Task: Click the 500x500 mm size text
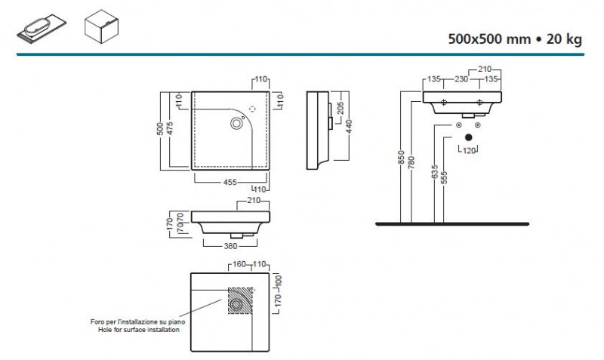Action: (489, 39)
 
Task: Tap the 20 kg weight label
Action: (564, 39)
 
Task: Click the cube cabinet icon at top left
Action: (101, 26)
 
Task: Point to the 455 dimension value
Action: (230, 182)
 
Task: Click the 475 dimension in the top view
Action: (170, 128)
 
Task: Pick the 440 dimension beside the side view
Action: (349, 127)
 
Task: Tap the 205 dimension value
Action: (341, 108)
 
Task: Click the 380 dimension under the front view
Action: (230, 246)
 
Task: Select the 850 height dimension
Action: (401, 158)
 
